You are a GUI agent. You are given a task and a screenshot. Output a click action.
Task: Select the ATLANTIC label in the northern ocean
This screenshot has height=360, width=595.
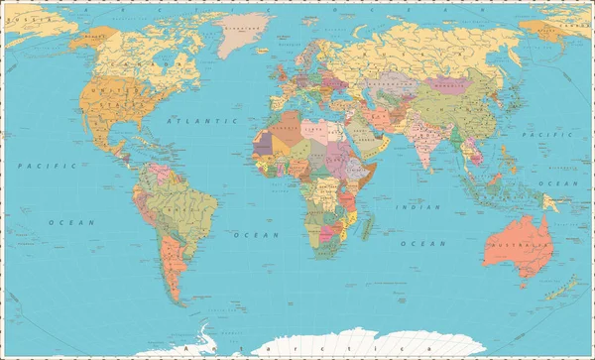tap(189, 120)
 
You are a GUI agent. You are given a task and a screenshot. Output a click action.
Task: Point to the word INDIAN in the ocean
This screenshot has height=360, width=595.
tap(417, 206)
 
